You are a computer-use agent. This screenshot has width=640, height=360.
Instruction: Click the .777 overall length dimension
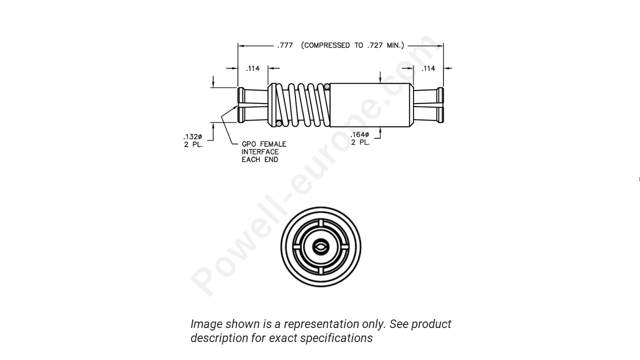pos(285,45)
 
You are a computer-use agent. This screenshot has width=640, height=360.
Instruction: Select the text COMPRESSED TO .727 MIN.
pos(352,45)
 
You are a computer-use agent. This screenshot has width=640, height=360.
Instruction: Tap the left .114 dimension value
pos(253,68)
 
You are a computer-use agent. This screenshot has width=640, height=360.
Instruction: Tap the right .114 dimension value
pos(428,68)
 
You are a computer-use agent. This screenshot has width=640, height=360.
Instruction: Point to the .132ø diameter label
pos(192,137)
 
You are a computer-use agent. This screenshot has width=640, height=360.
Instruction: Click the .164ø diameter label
pos(360,134)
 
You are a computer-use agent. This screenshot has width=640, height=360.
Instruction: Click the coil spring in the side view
pos(302,105)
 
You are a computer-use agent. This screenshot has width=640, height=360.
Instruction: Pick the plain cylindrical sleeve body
pos(370,105)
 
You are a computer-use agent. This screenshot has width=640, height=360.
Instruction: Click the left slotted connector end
pos(252,105)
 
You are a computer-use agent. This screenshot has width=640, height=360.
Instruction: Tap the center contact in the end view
pos(320,246)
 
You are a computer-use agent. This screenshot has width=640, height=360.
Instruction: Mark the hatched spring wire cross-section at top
pos(326,87)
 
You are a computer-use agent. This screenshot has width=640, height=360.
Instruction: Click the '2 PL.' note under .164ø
pos(360,142)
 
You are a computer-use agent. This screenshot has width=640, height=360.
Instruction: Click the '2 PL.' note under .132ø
pos(193,145)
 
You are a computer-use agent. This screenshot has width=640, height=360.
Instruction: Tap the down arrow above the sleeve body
pos(380,77)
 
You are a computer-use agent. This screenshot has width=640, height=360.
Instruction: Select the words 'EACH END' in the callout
pos(259,159)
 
